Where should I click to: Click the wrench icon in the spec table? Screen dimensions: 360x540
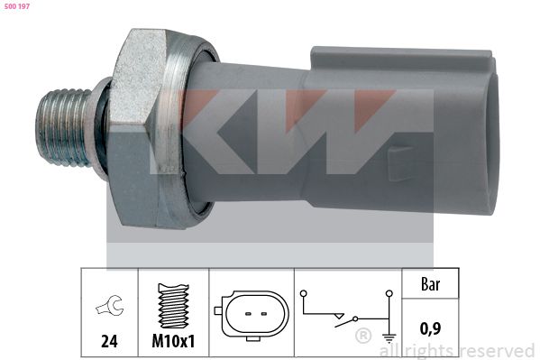[107, 308]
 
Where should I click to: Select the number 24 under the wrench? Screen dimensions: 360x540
[107, 343]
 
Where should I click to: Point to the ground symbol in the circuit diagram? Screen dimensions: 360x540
[389, 338]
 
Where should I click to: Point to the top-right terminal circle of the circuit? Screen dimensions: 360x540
[389, 293]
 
